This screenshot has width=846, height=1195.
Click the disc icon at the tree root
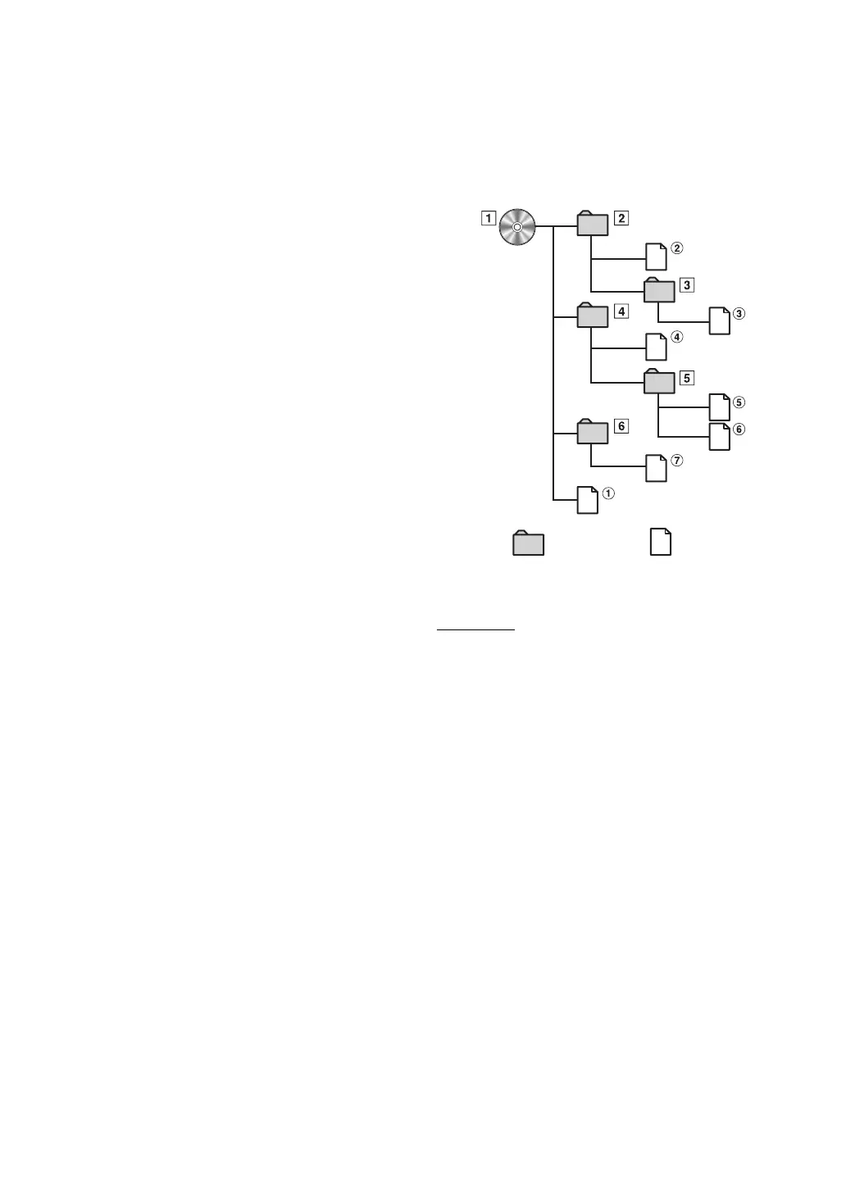pyautogui.click(x=517, y=226)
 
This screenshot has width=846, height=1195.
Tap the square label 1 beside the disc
pyautogui.click(x=489, y=219)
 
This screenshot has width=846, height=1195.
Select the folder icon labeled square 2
pyautogui.click(x=593, y=224)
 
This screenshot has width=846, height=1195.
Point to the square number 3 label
pyautogui.click(x=687, y=285)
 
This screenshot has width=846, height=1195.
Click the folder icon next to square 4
pyautogui.click(x=593, y=316)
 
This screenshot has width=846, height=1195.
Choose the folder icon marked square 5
pyautogui.click(x=660, y=382)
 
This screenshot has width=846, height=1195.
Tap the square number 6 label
pyautogui.click(x=621, y=426)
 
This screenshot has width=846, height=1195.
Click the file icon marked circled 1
pyautogui.click(x=588, y=500)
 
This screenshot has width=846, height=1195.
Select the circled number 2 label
pyautogui.click(x=676, y=248)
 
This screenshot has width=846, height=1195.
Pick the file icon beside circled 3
pyautogui.click(x=719, y=320)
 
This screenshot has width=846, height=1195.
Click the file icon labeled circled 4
pyautogui.click(x=656, y=347)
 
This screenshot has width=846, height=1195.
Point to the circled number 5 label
pyautogui.click(x=739, y=402)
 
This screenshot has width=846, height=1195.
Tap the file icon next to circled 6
pyautogui.click(x=719, y=436)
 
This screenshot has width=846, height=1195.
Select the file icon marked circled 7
pyautogui.click(x=656, y=467)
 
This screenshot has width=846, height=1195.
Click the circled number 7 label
pyautogui.click(x=676, y=461)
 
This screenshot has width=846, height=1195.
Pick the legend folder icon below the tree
pyautogui.click(x=528, y=543)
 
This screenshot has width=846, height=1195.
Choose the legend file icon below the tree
pyautogui.click(x=661, y=542)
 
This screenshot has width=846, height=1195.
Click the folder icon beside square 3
pyautogui.click(x=660, y=290)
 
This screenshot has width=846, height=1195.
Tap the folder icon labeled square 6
pyautogui.click(x=593, y=431)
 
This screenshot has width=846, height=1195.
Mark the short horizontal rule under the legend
pyautogui.click(x=475, y=630)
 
